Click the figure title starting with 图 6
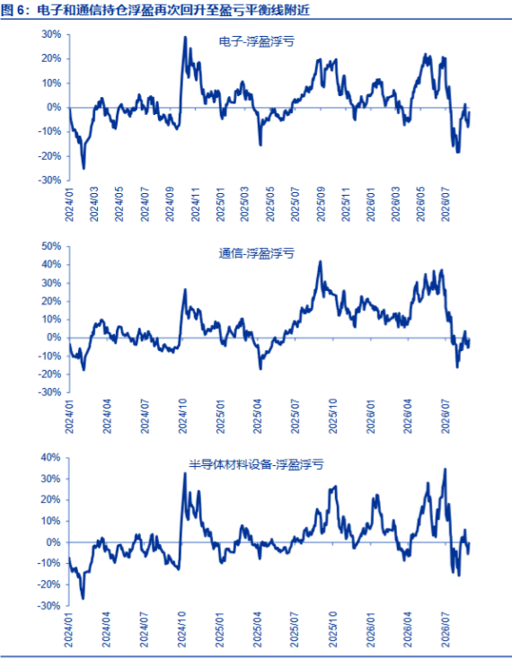coord(155,10)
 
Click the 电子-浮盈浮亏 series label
coord(257,41)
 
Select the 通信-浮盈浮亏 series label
coord(256,253)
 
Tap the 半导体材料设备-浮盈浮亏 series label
coord(256,464)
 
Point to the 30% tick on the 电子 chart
coord(51,34)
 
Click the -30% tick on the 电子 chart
coord(50,180)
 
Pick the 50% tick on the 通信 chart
coord(51,246)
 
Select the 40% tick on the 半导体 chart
coord(51,458)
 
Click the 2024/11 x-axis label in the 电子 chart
coord(196,205)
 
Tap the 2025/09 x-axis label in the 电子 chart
coord(322,205)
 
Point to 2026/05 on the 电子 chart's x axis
coord(420,205)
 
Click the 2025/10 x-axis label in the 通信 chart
coord(333,417)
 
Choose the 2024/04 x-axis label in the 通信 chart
coord(108,417)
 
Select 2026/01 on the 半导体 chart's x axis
coord(371,630)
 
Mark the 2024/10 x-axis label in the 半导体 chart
coord(183,630)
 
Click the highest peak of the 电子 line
coord(185,37)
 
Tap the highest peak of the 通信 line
coord(321,261)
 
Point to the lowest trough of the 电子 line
coord(84,169)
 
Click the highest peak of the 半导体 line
coord(446,469)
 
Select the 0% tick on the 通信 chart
coord(55,338)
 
